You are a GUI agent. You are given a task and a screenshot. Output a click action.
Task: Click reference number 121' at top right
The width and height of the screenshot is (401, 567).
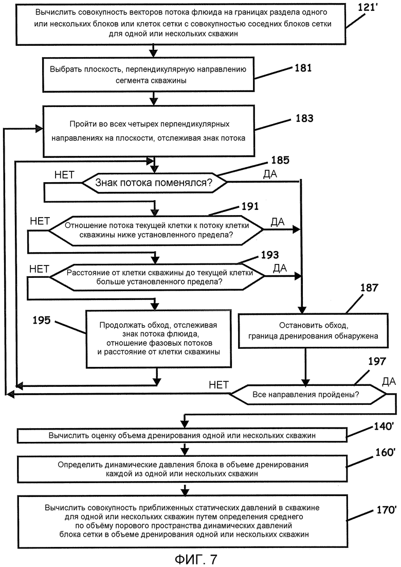[x=368, y=7]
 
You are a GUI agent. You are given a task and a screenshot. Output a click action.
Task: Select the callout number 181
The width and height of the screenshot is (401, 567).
[x=303, y=67]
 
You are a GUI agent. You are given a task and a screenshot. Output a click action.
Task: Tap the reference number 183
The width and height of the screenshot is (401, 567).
[x=304, y=118]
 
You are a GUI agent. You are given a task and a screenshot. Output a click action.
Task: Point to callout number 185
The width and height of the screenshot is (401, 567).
[x=280, y=160]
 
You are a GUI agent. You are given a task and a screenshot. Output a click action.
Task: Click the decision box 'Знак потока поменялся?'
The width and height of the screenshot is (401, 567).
[x=154, y=183]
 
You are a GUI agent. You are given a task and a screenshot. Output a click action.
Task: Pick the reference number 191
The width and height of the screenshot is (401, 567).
[x=250, y=206]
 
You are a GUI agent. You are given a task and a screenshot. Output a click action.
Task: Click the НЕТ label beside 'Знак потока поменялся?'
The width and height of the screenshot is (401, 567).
[x=64, y=175]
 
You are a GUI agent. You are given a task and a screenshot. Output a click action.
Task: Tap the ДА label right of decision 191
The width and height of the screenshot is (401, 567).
[x=278, y=222]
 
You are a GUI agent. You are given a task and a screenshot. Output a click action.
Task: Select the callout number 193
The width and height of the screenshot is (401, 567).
[x=270, y=255]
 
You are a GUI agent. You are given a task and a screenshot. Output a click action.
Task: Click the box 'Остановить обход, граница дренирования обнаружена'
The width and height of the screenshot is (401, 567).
[x=313, y=330]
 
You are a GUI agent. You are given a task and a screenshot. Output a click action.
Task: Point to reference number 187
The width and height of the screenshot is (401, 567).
[x=369, y=288]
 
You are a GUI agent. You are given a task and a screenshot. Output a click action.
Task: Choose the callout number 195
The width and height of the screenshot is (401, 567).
[x=42, y=320]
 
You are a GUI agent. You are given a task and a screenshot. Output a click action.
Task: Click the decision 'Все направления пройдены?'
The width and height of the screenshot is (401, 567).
[x=308, y=394]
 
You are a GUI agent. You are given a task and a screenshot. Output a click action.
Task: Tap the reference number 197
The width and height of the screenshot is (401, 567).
[x=377, y=361]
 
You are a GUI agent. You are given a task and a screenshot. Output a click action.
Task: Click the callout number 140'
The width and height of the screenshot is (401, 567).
[x=384, y=427]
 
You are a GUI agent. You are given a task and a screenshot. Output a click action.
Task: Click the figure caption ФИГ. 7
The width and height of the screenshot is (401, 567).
[x=196, y=559]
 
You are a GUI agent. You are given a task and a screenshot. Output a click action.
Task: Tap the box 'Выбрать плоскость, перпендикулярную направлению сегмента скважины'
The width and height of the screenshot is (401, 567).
[x=149, y=75]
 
